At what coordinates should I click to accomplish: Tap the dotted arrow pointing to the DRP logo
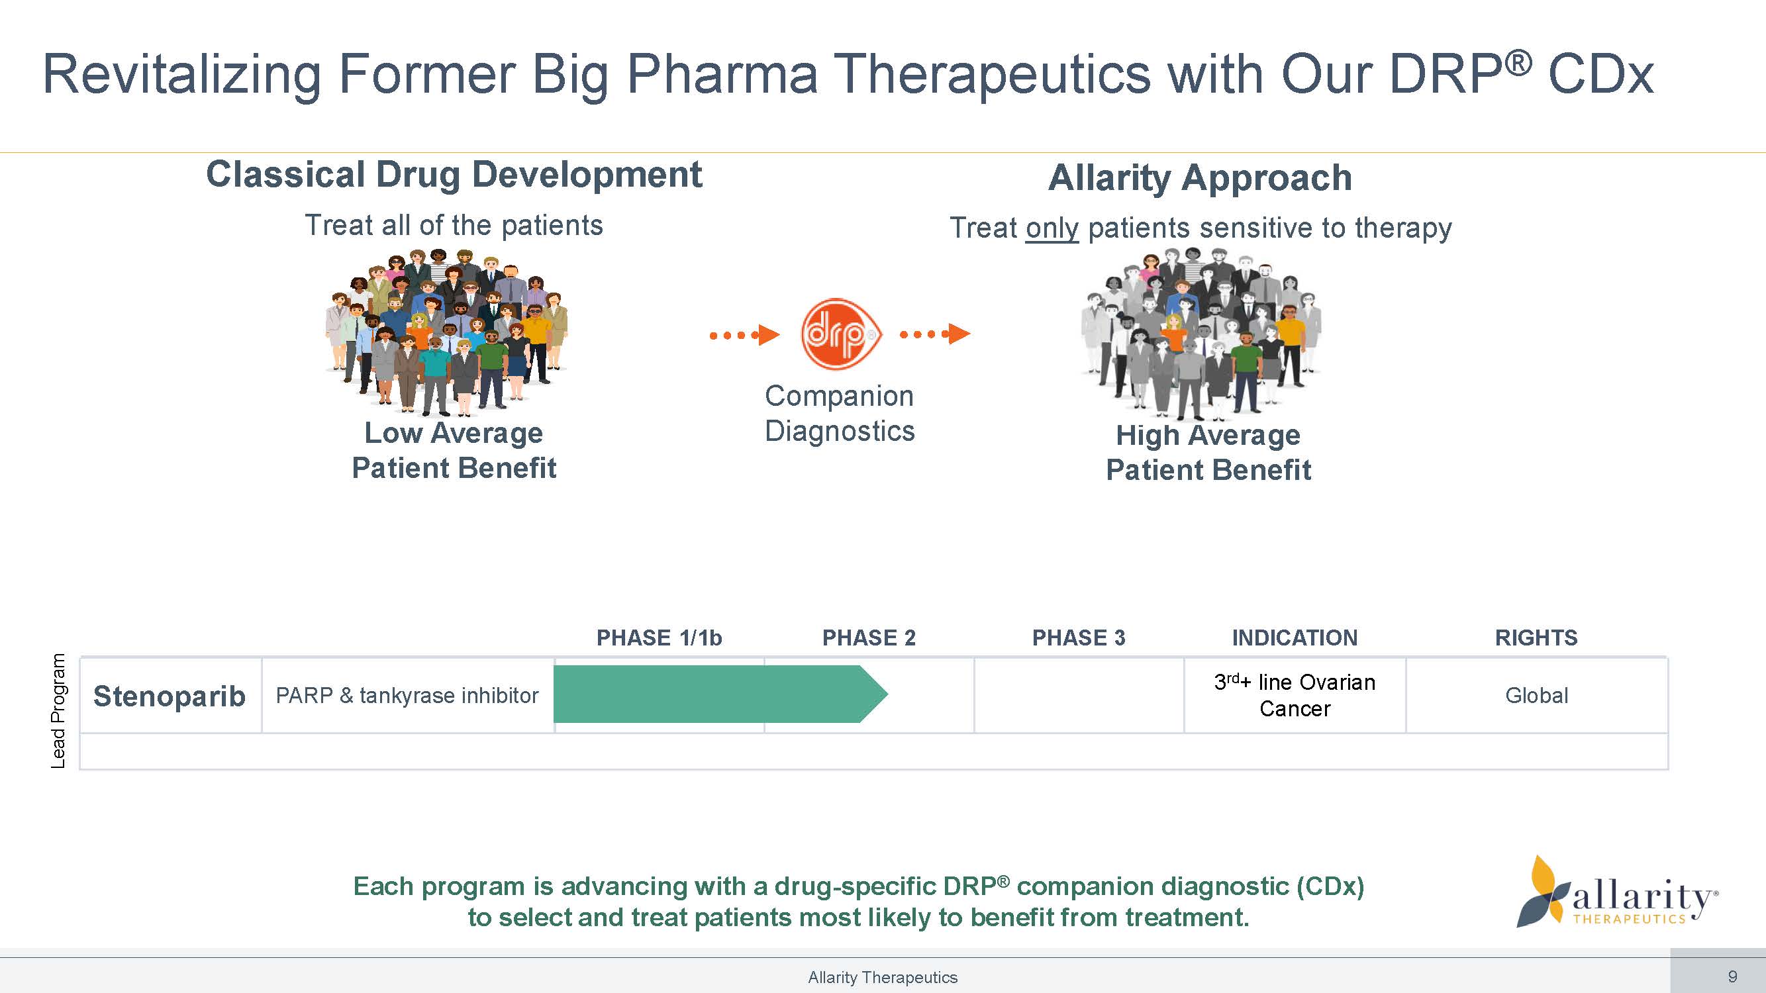pyautogui.click(x=744, y=334)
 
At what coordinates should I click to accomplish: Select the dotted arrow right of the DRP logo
pyautogui.click(x=935, y=334)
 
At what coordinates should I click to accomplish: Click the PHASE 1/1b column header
pyautogui.click(x=659, y=638)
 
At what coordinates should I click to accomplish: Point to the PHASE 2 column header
pyautogui.click(x=869, y=638)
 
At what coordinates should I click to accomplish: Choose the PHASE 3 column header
pyautogui.click(x=1079, y=638)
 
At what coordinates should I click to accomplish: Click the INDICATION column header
pyautogui.click(x=1295, y=638)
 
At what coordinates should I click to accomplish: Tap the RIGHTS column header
pyautogui.click(x=1536, y=638)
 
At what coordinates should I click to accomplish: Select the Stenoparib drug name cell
pyautogui.click(x=170, y=696)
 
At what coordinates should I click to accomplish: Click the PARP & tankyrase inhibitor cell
pyautogui.click(x=407, y=696)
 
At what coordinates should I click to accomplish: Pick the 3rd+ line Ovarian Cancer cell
pyautogui.click(x=1295, y=695)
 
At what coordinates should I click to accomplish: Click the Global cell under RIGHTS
pyautogui.click(x=1536, y=696)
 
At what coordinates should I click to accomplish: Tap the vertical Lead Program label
pyautogui.click(x=58, y=710)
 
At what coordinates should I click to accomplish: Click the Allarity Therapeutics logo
pyautogui.click(x=1618, y=894)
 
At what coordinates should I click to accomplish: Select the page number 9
pyautogui.click(x=1732, y=976)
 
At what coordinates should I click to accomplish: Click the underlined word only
pyautogui.click(x=1052, y=228)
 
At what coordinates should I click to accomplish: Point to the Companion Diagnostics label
pyautogui.click(x=839, y=413)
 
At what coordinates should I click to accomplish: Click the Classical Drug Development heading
pyautogui.click(x=454, y=175)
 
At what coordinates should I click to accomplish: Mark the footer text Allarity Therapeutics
pyautogui.click(x=882, y=977)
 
